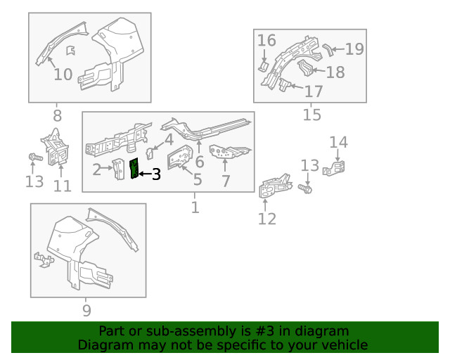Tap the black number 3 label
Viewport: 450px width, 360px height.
click(x=156, y=174)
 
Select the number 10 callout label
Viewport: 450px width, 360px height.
click(x=63, y=75)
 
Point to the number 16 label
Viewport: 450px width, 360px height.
click(x=266, y=40)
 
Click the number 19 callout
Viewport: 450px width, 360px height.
click(x=354, y=49)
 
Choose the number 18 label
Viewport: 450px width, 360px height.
click(x=335, y=72)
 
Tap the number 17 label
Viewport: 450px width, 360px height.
click(x=313, y=91)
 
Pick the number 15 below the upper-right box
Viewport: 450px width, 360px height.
click(x=311, y=114)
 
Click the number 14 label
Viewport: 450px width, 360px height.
click(x=338, y=143)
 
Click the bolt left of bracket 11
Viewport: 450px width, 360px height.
click(x=33, y=157)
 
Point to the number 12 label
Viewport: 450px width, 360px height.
click(x=267, y=219)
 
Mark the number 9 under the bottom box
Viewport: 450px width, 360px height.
click(x=86, y=309)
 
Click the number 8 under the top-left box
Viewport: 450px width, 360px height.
click(x=57, y=115)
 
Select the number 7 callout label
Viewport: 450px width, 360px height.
click(x=226, y=182)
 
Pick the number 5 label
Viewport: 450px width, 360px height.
click(x=198, y=180)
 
